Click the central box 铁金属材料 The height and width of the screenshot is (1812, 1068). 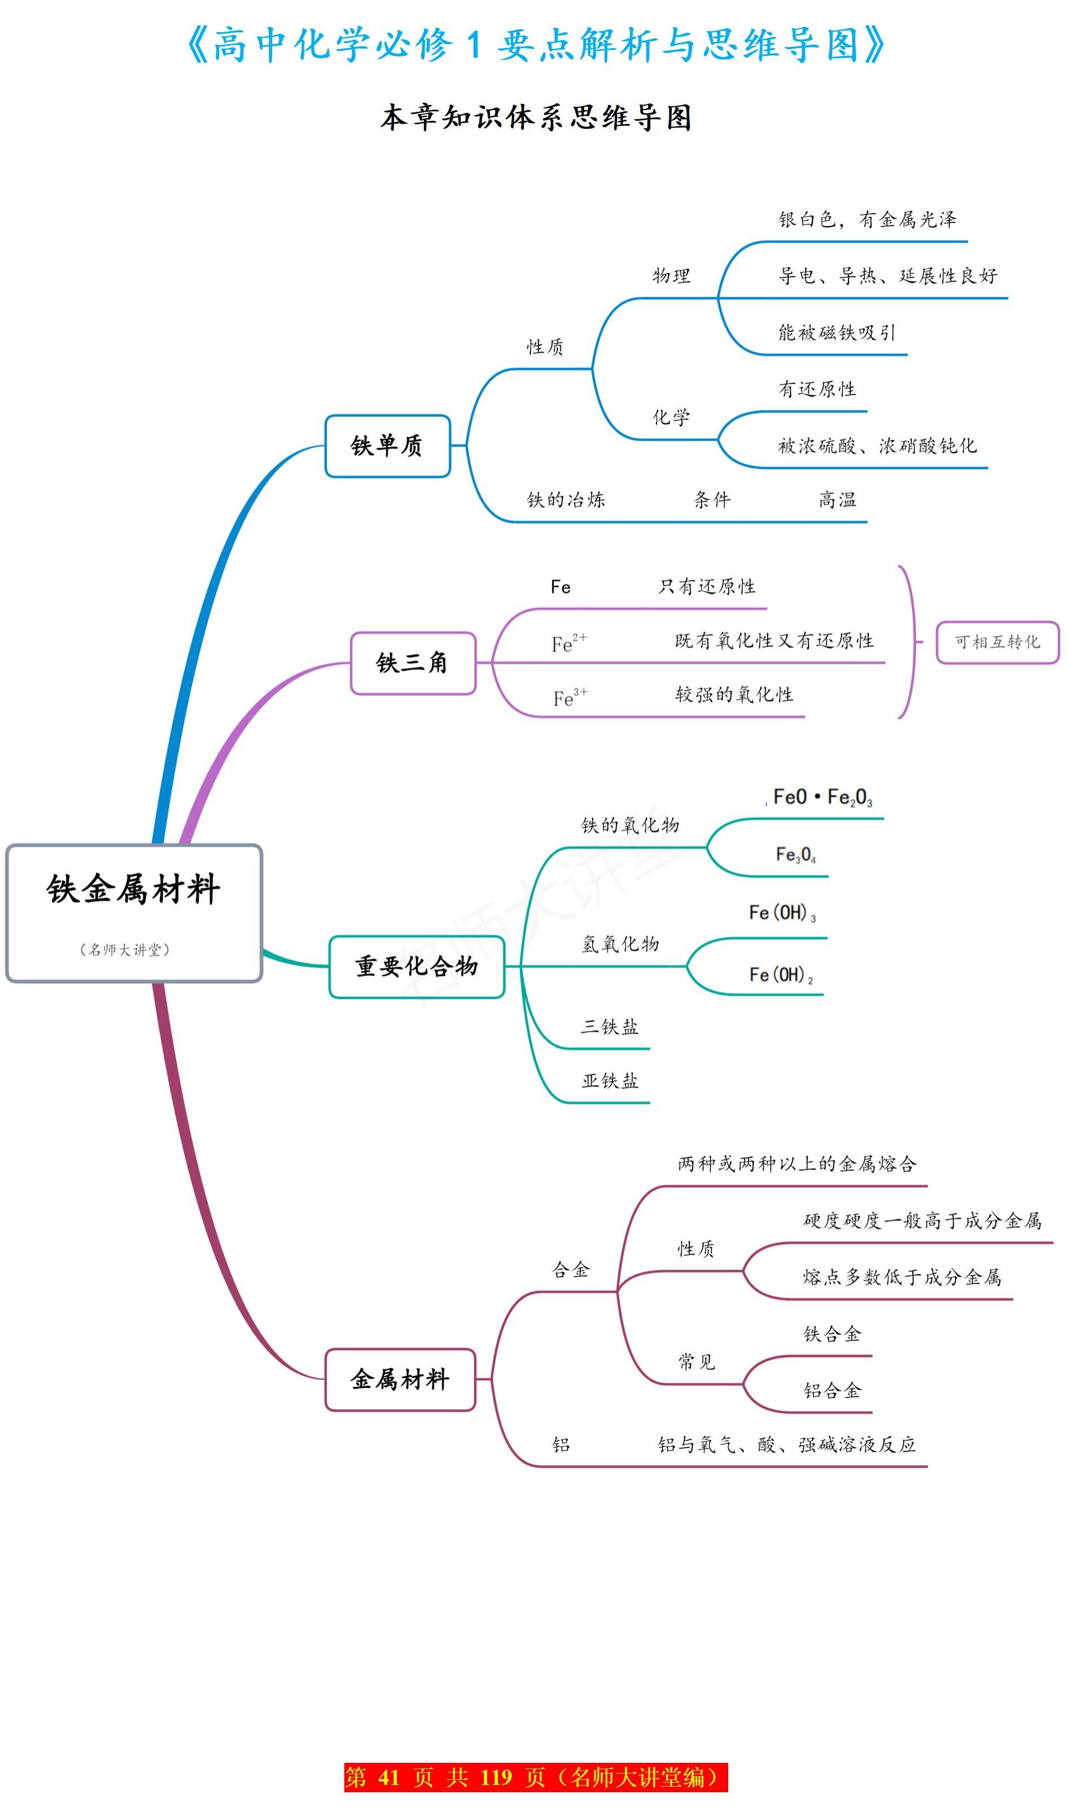134,913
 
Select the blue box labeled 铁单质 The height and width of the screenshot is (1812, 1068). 387,446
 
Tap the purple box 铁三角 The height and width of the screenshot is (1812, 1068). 413,663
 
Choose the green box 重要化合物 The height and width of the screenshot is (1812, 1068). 416,966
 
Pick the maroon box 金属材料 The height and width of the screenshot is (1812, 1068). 400,1379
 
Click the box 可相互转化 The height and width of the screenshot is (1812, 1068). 997,642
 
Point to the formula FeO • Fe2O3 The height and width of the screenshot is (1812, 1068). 822,798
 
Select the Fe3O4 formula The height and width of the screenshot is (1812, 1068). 795,855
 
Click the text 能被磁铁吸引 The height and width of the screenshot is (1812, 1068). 836,333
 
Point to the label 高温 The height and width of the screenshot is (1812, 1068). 837,500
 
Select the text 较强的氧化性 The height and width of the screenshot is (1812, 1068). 733,695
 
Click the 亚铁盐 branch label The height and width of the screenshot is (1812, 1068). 610,1081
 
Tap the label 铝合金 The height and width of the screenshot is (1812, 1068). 832,1390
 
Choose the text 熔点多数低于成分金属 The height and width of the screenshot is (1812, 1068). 901,1277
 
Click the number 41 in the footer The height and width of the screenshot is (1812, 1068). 388,1778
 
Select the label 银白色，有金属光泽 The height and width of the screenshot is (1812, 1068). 866,220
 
